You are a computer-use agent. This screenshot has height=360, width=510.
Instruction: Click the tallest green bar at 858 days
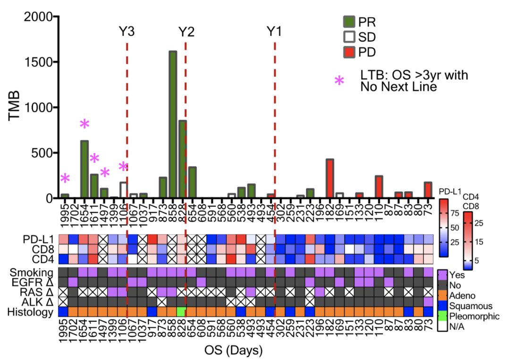pyautogui.click(x=173, y=125)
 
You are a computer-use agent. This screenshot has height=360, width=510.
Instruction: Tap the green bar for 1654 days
pyautogui.click(x=85, y=169)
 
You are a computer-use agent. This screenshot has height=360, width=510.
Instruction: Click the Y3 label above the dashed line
pyautogui.click(x=127, y=32)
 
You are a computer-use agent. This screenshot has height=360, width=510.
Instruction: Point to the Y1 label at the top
pyautogui.click(x=274, y=32)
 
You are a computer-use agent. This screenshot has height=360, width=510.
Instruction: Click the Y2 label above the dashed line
pyautogui.click(x=186, y=32)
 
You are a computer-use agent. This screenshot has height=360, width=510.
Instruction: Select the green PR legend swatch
pyautogui.click(x=349, y=21)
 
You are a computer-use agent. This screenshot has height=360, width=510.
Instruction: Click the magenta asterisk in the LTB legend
pyautogui.click(x=339, y=81)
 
